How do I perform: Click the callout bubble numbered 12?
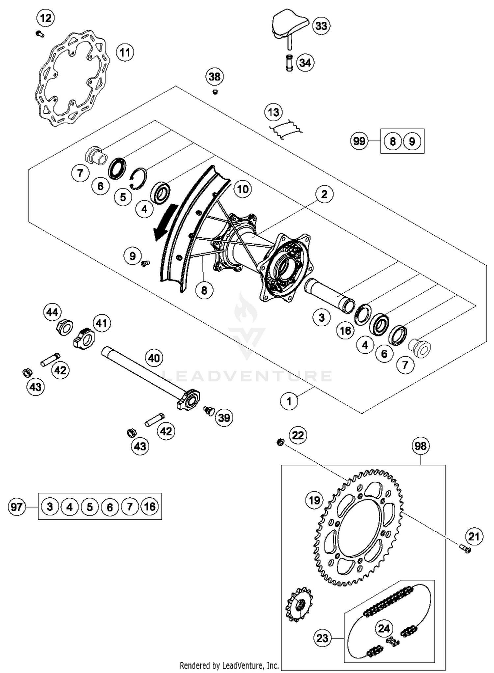coord(46,18)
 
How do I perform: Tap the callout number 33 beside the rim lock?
coord(321,26)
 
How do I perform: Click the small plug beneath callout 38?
coord(215,92)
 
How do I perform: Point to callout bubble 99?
coord(359,141)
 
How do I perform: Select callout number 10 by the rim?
coord(243,189)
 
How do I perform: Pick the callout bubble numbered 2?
coord(324,194)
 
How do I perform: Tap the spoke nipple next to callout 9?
coord(145,263)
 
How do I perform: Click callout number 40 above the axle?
coord(154,358)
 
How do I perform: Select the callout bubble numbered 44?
coord(52,312)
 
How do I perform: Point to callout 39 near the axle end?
coord(224,418)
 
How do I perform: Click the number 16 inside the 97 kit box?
coord(150,506)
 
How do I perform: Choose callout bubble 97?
coord(16,506)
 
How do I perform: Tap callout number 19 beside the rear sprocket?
coord(314,501)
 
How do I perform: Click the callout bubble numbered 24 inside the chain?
coord(384,629)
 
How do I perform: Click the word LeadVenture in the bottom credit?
coord(240,666)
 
